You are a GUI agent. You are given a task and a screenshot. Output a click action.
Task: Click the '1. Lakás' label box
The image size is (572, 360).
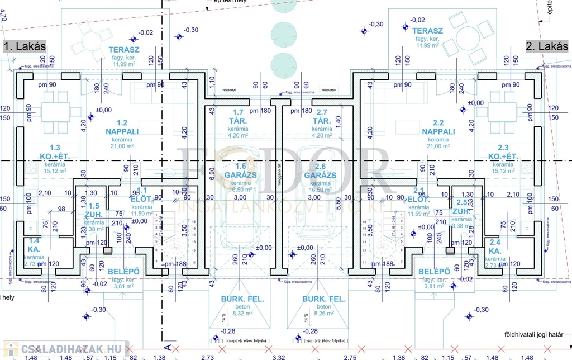click(x=25, y=46)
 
